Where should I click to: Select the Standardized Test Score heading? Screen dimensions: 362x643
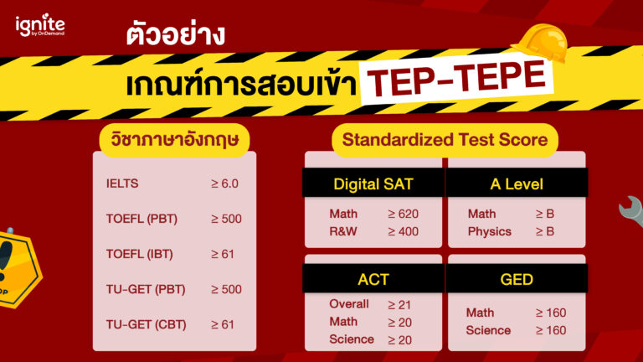click(x=445, y=139)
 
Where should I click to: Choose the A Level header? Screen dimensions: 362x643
click(x=517, y=184)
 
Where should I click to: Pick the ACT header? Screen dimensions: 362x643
click(x=373, y=278)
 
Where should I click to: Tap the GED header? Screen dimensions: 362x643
click(x=517, y=278)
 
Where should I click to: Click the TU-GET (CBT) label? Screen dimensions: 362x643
click(x=146, y=324)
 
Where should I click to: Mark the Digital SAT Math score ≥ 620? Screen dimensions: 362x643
click(x=403, y=214)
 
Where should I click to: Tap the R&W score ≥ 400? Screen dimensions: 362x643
click(x=403, y=231)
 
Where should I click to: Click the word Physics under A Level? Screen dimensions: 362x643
click(x=489, y=231)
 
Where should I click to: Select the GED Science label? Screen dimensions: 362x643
click(x=488, y=330)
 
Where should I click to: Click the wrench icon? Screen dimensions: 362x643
click(x=630, y=211)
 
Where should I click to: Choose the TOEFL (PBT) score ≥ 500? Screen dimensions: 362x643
click(x=226, y=219)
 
